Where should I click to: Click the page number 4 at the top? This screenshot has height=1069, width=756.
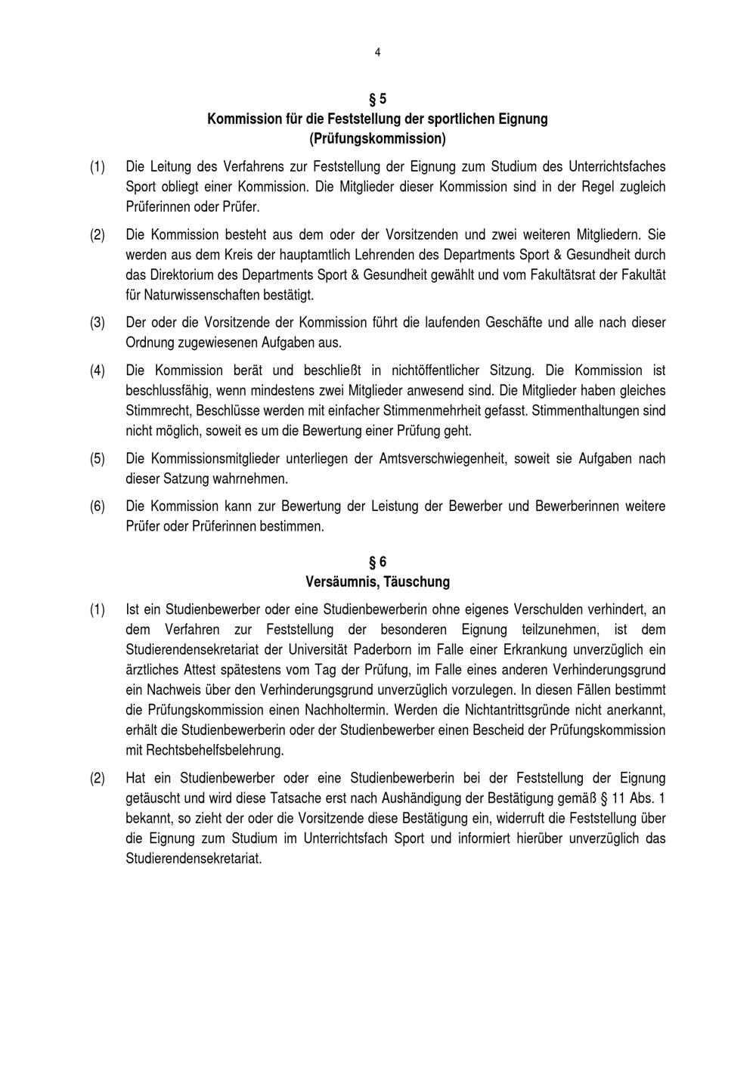pos(377,52)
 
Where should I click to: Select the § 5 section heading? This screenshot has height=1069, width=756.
pos(377,99)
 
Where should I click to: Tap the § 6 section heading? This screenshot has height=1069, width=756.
pos(377,562)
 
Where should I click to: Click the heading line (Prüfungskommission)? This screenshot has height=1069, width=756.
pos(377,139)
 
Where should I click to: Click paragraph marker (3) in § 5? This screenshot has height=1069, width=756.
pos(98,323)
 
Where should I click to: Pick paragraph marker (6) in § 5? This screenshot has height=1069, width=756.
pos(98,507)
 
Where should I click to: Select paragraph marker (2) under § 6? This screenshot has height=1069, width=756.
pos(98,779)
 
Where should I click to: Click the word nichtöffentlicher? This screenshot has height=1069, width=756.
pos(437,370)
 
